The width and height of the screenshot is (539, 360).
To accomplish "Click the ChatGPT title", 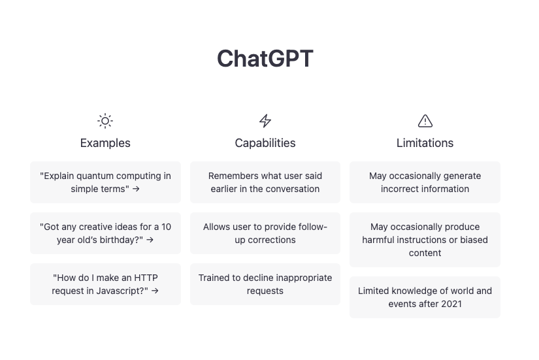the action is pyautogui.click(x=265, y=58).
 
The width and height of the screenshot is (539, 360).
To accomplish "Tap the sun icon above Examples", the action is pyautogui.click(x=105, y=121).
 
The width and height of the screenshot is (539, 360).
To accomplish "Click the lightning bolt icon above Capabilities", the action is pyautogui.click(x=265, y=121).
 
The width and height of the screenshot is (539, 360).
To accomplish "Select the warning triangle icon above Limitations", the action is pyautogui.click(x=425, y=121).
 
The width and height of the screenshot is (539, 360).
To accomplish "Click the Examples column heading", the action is pyautogui.click(x=105, y=143).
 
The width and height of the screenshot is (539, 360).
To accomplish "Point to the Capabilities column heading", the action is pyautogui.click(x=265, y=143).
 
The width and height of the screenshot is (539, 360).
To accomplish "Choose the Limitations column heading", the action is pyautogui.click(x=425, y=143).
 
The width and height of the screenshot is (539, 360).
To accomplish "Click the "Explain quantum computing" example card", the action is pyautogui.click(x=106, y=182).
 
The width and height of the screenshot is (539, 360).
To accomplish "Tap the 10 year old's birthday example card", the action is pyautogui.click(x=106, y=233).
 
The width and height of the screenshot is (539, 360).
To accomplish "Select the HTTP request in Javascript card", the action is pyautogui.click(x=106, y=284).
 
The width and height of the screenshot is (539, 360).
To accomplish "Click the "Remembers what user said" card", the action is pyautogui.click(x=265, y=182).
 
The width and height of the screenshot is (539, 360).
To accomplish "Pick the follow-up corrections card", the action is pyautogui.click(x=265, y=233).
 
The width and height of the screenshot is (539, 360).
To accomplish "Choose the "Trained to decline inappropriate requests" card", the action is pyautogui.click(x=265, y=284).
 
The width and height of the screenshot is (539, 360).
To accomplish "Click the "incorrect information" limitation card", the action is pyautogui.click(x=425, y=182).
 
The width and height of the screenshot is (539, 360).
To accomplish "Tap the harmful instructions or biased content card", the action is pyautogui.click(x=425, y=240).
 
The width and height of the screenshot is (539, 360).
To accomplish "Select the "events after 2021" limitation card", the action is pyautogui.click(x=425, y=297).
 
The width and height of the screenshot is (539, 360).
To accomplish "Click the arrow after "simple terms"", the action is pyautogui.click(x=136, y=189).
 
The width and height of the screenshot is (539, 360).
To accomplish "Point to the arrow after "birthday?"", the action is pyautogui.click(x=150, y=240).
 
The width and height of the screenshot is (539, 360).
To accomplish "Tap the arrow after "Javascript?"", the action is pyautogui.click(x=155, y=291).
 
